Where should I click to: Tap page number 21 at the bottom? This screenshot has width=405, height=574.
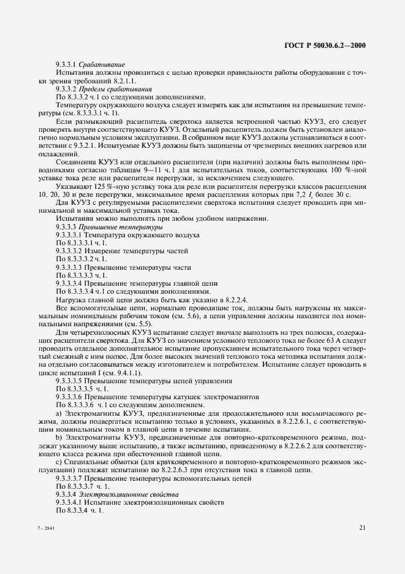[x=363, y=527]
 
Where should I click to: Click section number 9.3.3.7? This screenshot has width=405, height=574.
[x=72, y=478]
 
